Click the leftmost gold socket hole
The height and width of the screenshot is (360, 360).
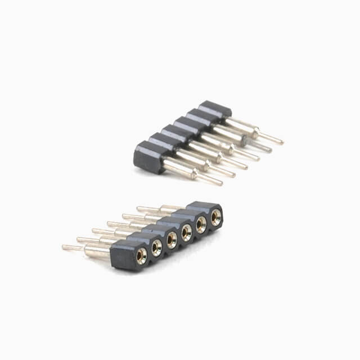pos(142,256)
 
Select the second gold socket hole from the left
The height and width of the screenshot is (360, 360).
pos(157,248)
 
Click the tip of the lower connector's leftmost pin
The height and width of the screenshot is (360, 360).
pos(64,247)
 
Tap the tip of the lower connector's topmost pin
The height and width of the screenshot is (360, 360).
pos(138,208)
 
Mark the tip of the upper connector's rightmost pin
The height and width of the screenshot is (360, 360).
pos(281,142)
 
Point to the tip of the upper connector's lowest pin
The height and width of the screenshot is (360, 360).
pos(220,183)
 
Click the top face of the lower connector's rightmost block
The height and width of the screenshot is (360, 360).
pos(205,206)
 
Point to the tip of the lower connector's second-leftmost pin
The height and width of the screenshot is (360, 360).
pos(79,240)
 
